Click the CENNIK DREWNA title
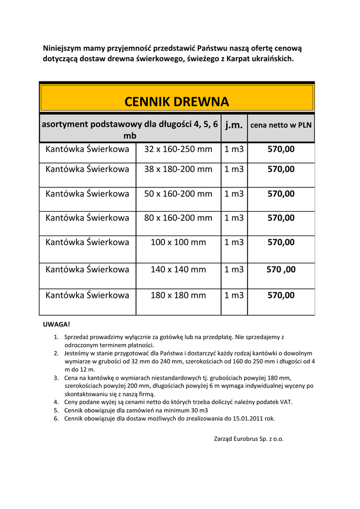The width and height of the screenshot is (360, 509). point(177,102)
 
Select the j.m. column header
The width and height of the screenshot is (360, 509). point(234,125)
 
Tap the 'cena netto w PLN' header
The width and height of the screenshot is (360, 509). point(281,125)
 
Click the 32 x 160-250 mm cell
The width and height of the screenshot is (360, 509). point(178,149)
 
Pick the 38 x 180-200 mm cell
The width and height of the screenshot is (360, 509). point(178,169)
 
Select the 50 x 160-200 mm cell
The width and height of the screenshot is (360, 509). point(178,194)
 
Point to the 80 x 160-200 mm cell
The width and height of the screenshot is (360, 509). point(178,218)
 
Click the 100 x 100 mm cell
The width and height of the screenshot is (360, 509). point(178,243)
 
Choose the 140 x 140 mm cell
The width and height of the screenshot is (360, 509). point(178,269)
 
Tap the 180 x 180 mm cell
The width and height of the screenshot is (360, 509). point(178,295)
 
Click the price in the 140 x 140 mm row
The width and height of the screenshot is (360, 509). point(281,269)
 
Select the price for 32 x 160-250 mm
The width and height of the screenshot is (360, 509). point(281,149)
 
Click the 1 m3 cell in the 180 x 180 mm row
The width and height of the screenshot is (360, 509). point(234,295)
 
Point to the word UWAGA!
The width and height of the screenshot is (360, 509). point(57,324)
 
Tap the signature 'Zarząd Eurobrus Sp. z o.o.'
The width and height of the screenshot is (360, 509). point(249,439)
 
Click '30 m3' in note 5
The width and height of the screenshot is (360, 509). point(198,410)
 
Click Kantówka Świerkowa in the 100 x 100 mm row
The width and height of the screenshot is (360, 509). point(88,243)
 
